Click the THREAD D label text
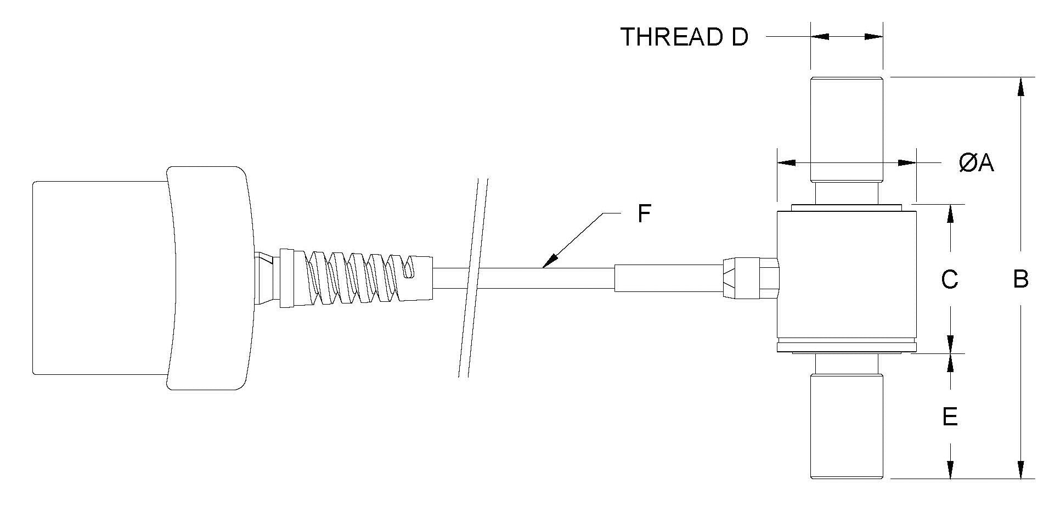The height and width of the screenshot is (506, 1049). click(684, 37)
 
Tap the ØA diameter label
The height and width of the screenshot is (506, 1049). click(977, 162)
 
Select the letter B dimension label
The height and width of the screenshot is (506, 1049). click(1020, 279)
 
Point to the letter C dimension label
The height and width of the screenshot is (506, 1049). click(950, 279)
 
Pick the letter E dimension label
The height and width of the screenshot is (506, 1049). click(950, 417)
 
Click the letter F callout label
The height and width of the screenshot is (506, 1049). click(644, 214)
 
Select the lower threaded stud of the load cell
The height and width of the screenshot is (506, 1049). click(847, 425)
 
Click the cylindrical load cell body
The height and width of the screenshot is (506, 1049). click(847, 274)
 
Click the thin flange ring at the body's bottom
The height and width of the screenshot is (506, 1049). click(847, 347)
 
